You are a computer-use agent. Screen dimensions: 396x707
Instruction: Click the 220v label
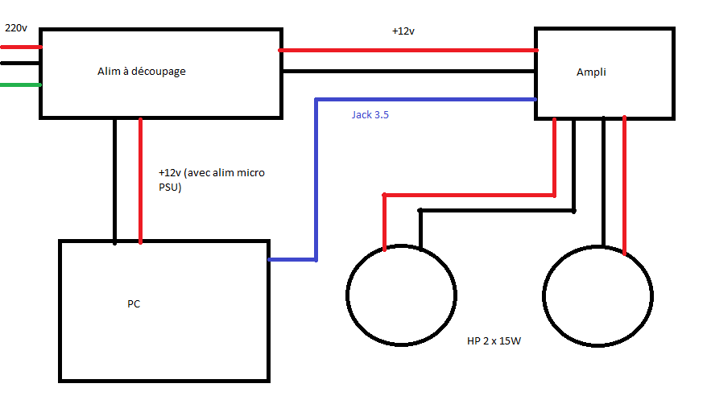(x=16, y=28)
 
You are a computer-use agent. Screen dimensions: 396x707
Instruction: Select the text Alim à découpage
(x=142, y=72)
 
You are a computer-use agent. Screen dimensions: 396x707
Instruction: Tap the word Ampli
(x=591, y=72)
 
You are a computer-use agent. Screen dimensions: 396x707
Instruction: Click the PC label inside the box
(x=134, y=304)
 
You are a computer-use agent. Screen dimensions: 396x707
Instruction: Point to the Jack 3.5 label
(x=370, y=115)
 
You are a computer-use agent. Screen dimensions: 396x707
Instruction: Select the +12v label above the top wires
(x=403, y=31)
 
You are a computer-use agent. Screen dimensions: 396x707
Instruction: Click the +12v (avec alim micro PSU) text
(x=212, y=180)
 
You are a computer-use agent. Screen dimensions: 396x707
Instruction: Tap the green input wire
(x=20, y=84)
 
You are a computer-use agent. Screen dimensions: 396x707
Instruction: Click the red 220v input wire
(x=20, y=47)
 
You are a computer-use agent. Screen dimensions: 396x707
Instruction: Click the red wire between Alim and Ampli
(x=408, y=50)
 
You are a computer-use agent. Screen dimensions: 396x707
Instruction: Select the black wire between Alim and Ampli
(x=408, y=71)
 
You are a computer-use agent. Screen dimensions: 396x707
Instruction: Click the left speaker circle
(x=401, y=295)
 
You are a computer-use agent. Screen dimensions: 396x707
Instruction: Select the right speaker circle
(x=597, y=295)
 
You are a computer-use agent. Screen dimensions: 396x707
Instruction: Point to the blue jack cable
(x=316, y=177)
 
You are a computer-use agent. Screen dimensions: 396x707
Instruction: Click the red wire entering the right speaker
(x=625, y=185)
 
